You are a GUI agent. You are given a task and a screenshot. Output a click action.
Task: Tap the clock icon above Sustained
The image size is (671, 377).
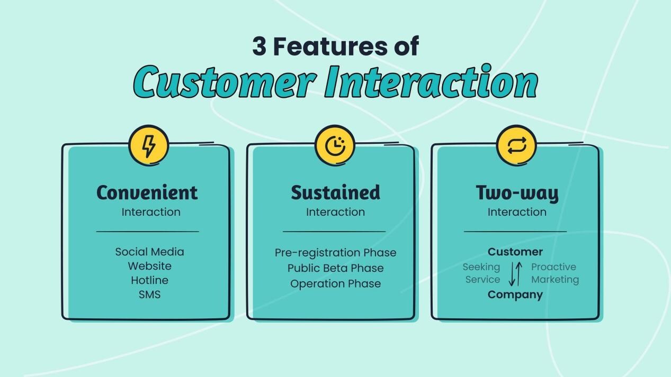(335, 145)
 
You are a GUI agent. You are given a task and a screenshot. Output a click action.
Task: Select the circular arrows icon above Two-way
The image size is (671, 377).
(516, 145)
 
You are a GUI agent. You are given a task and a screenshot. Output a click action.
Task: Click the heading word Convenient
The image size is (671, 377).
(147, 192)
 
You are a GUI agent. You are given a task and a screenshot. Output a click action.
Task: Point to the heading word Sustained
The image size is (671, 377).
(335, 192)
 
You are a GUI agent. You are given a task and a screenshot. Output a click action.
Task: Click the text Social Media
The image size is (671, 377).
(150, 252)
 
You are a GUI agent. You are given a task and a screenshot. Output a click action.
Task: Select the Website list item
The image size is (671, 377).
(150, 266)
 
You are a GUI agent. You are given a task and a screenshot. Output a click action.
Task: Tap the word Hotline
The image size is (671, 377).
(150, 280)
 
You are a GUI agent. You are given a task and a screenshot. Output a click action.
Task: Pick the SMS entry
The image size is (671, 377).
(150, 295)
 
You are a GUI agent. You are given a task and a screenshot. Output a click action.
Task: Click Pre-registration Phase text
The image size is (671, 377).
(335, 253)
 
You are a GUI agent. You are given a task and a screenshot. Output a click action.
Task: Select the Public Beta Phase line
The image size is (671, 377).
(335, 268)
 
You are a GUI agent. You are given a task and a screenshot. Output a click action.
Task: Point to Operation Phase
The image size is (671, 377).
(335, 283)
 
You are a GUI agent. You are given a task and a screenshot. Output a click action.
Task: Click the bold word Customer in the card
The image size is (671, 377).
(515, 252)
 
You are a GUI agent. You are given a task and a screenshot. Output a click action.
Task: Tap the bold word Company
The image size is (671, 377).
(515, 295)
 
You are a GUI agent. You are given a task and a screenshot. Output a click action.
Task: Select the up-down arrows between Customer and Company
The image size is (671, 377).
(515, 273)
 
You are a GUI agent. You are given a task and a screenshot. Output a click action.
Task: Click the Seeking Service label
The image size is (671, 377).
(482, 273)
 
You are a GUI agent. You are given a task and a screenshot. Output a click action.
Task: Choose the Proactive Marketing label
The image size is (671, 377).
(554, 273)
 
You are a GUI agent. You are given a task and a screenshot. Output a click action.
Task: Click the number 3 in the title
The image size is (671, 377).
(259, 47)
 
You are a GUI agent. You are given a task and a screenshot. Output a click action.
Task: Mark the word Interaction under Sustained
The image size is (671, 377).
(335, 212)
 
